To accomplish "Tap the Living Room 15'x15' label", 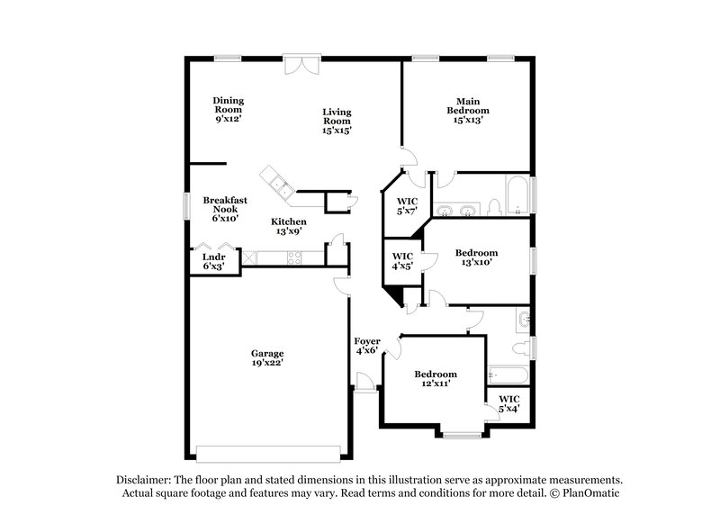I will point(337,121).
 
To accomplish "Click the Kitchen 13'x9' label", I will point(290,227).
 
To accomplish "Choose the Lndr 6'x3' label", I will point(213,261).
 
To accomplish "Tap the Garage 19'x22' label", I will point(267,358).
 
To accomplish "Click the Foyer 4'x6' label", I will point(367,347).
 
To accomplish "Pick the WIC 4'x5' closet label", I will point(402,261).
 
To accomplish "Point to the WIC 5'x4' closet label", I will point(509,403).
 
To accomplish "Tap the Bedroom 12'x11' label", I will point(435,378).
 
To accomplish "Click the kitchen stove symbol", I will point(296,258).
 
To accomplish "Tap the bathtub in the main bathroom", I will point(517,194).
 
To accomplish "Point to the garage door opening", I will point(267,451).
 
